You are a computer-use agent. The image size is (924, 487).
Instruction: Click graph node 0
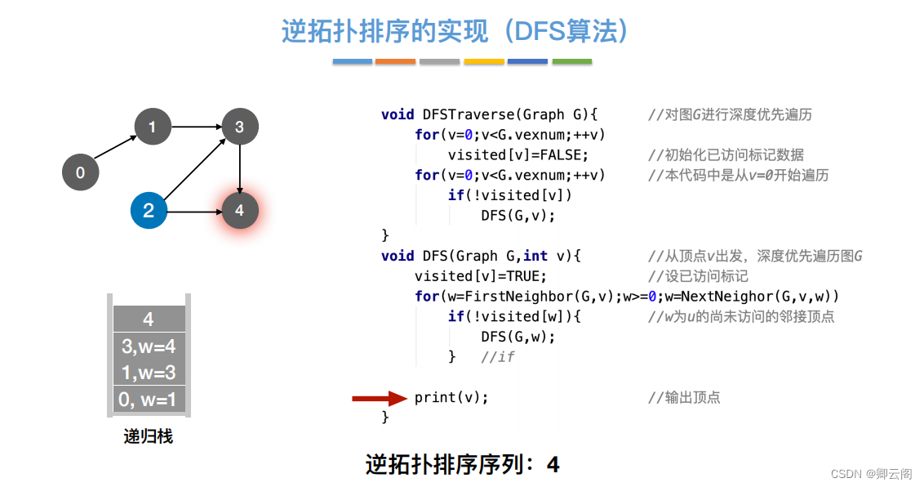[x=80, y=172]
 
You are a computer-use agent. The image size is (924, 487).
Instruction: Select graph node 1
[x=153, y=127]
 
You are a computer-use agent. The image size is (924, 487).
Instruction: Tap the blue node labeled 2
[x=149, y=211]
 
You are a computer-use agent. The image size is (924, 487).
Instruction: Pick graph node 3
[x=239, y=127]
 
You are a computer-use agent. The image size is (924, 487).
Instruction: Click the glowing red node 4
[x=239, y=211]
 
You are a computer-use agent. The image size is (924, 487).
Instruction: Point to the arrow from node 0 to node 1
[x=116, y=150]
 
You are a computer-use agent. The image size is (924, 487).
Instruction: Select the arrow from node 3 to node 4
[x=239, y=169]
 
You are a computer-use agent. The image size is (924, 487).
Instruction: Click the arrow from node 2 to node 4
[x=194, y=212]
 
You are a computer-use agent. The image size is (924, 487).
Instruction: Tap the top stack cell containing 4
[x=149, y=319]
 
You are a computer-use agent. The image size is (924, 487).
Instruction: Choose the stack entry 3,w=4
[x=149, y=346]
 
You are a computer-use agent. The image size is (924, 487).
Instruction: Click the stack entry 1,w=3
[x=149, y=373]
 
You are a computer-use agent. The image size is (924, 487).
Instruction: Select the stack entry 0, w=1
[x=149, y=400]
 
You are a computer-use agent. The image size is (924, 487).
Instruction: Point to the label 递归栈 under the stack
[x=149, y=436]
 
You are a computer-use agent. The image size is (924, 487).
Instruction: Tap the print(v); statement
[x=451, y=398]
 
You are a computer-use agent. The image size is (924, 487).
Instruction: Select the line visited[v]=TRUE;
[x=481, y=276]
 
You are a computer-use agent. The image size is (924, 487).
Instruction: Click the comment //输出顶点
[x=684, y=398]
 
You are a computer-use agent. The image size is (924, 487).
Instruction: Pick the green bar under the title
[x=571, y=61]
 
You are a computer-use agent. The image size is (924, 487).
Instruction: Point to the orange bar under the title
[x=396, y=61]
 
